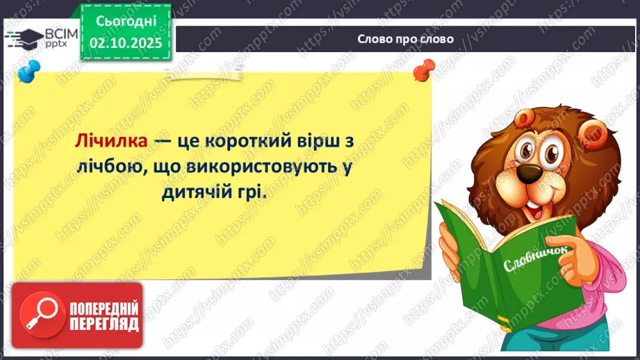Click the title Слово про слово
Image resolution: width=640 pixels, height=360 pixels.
[x=406, y=39]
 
